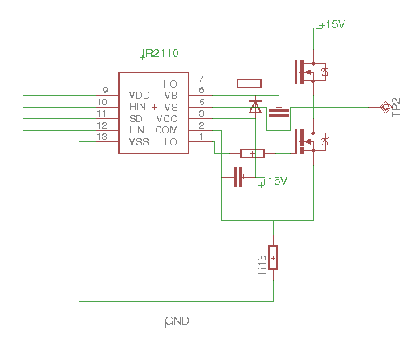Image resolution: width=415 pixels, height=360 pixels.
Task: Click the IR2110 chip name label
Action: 161,53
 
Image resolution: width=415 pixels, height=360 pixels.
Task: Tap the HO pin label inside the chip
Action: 170,84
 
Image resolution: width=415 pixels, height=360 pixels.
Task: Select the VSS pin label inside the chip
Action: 139,141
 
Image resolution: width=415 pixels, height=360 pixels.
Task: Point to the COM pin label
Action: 166,130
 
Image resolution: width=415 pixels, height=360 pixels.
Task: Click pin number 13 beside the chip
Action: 102,137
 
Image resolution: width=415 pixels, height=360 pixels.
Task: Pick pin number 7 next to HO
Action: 201,79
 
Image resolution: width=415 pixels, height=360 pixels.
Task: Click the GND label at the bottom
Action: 177,321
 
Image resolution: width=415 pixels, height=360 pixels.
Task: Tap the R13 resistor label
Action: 262,264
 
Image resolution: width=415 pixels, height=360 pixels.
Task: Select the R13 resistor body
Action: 273,257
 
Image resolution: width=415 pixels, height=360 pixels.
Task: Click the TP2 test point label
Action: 396,108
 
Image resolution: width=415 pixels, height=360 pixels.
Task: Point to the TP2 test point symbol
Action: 385,108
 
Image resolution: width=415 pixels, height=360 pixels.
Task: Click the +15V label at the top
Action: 332,24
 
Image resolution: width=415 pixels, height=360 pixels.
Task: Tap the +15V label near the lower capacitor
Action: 275,181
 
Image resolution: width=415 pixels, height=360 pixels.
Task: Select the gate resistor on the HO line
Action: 249,84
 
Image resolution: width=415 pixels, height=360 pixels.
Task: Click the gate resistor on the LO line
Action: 252,153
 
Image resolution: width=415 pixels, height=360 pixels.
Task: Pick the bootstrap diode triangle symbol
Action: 255,107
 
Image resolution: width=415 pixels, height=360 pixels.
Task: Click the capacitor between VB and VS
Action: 279,112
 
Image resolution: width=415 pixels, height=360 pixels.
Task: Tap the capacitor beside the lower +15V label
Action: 238,177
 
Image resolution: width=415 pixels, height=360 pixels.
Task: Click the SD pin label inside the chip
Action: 136,118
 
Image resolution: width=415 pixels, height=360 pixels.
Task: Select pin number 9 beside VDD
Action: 105,90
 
